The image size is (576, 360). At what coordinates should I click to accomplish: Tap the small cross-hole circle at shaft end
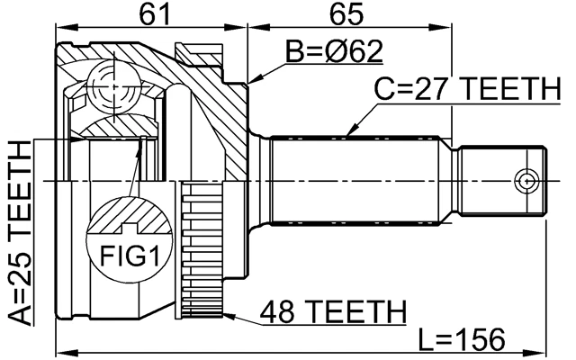[526, 183]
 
